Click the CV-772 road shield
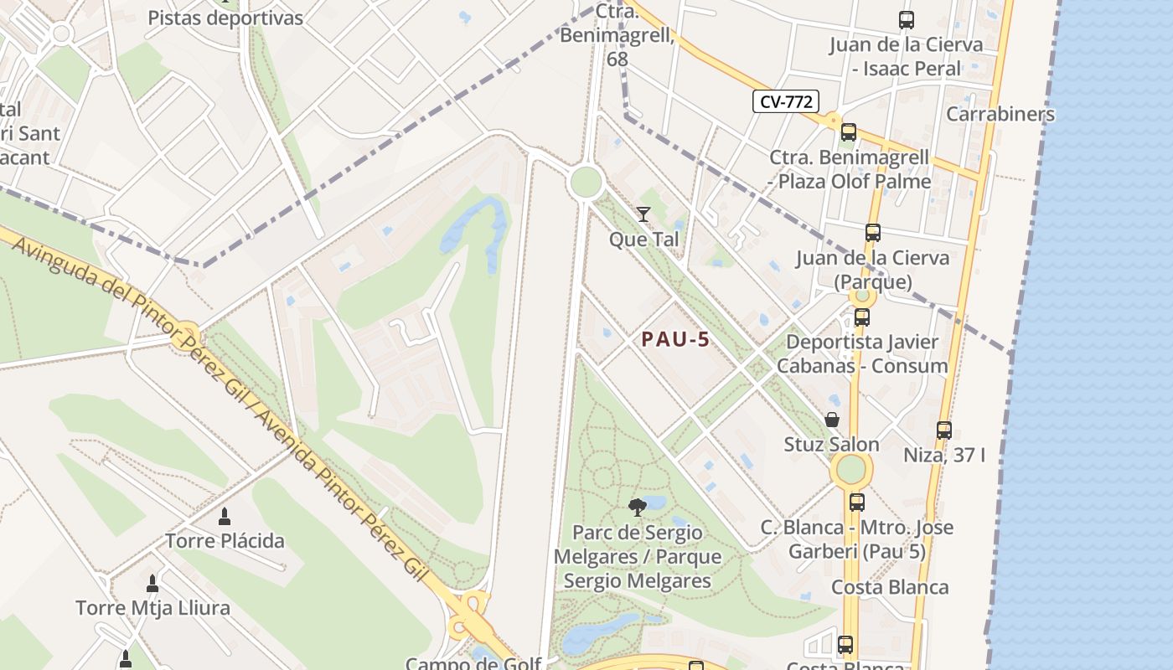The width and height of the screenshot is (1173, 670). pyautogui.click(x=785, y=102)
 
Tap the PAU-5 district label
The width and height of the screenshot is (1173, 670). pyautogui.click(x=675, y=339)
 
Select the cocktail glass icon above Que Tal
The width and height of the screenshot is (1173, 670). pyautogui.click(x=643, y=214)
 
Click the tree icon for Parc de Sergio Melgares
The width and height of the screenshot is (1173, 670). pyautogui.click(x=638, y=507)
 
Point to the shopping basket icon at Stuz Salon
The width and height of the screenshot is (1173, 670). pyautogui.click(x=832, y=420)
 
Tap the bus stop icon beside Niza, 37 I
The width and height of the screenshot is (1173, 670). pyautogui.click(x=944, y=430)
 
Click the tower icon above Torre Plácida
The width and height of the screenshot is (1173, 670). pyautogui.click(x=224, y=517)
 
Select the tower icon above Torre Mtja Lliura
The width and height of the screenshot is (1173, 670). pyautogui.click(x=152, y=584)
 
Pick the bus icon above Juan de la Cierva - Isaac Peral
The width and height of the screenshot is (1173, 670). pyautogui.click(x=906, y=20)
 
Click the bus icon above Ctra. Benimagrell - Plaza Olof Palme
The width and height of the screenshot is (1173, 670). pyautogui.click(x=849, y=132)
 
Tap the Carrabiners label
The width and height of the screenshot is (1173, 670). pyautogui.click(x=1000, y=114)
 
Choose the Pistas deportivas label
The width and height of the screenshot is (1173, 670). pyautogui.click(x=225, y=18)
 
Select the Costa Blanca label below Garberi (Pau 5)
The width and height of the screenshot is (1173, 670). pyautogui.click(x=890, y=587)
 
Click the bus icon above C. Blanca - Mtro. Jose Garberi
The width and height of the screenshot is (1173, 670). pyautogui.click(x=856, y=502)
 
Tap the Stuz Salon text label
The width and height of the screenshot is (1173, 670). pyautogui.click(x=831, y=444)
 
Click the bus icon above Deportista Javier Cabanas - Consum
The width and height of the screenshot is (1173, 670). pyautogui.click(x=861, y=317)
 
